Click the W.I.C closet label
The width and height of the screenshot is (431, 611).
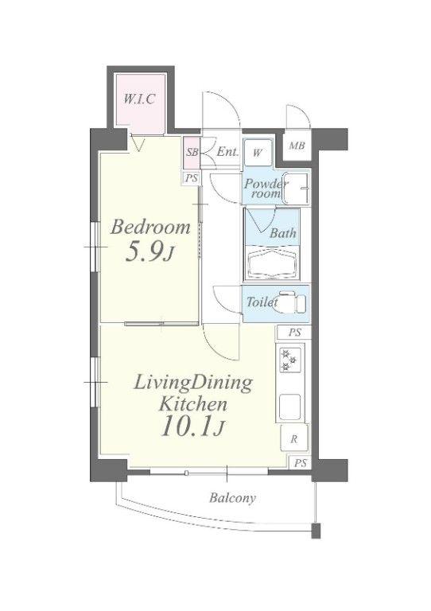(139, 99)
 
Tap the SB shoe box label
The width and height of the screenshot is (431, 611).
(192, 152)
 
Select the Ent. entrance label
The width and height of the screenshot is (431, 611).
(227, 152)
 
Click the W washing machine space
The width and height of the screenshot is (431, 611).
(258, 153)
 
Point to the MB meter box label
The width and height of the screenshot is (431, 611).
(297, 146)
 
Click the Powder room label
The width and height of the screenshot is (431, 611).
(266, 189)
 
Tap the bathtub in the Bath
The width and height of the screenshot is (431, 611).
(273, 264)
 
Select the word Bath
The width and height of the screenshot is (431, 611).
(283, 233)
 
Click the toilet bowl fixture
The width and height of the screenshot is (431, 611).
(290, 303)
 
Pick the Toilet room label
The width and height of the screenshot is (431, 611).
(262, 302)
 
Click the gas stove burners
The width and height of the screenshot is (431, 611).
(289, 360)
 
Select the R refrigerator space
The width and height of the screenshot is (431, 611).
(294, 439)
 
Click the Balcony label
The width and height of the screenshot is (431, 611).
(232, 498)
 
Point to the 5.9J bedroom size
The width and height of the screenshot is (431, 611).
(149, 253)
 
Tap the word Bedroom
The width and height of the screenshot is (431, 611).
(150, 228)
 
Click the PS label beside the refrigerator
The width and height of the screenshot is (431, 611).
(301, 463)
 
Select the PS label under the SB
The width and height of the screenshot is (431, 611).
(192, 178)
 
